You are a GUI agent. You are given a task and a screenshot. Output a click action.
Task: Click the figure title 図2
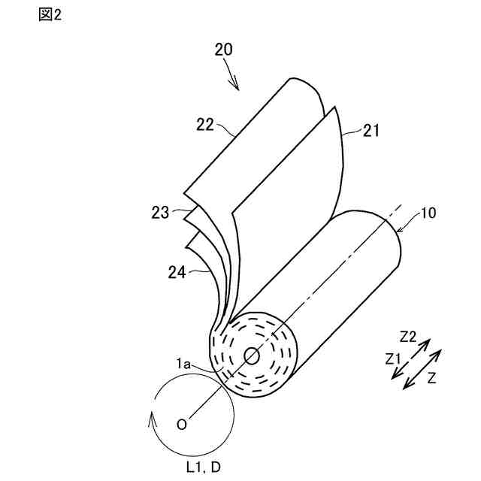50,15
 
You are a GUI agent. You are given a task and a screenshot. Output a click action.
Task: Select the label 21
371,130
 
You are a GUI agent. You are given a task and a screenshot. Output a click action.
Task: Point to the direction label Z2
410,334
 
